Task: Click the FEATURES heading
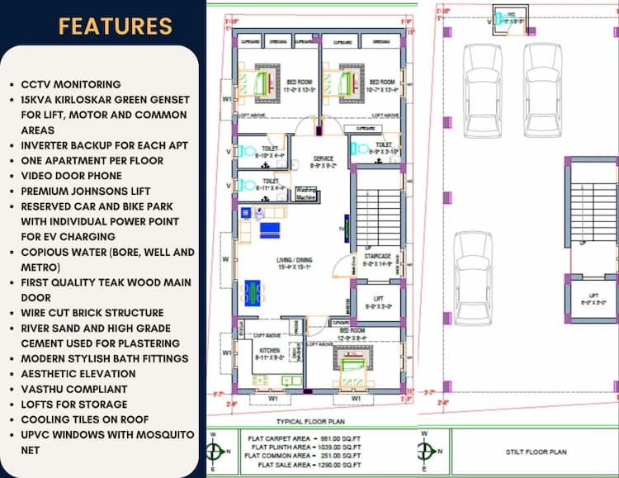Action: pos(115,26)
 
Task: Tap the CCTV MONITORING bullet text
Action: pos(71,84)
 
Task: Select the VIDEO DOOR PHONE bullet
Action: pos(71,176)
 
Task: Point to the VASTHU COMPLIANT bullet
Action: pos(74,389)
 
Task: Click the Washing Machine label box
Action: pos(307,195)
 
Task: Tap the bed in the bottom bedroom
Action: pos(352,362)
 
